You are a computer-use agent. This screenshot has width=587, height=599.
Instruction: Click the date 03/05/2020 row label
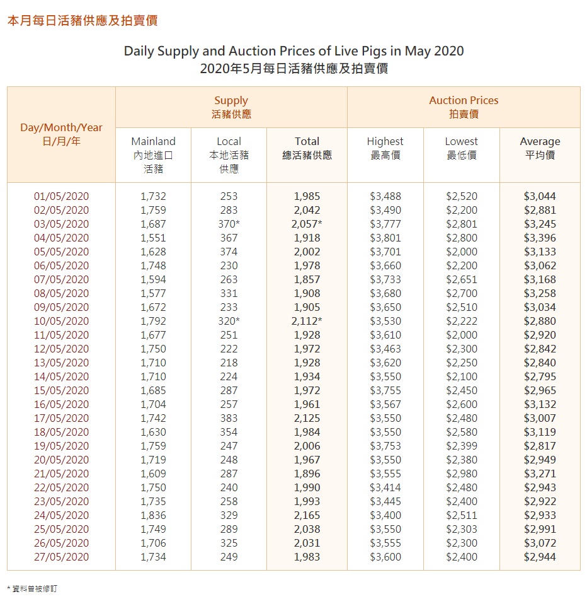[61, 224]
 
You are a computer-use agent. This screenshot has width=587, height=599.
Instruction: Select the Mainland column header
[153, 142]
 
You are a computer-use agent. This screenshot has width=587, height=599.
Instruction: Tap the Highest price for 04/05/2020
[385, 238]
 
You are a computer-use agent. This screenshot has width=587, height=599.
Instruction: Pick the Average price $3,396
[540, 238]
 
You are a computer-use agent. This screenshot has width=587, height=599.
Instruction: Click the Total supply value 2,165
[307, 515]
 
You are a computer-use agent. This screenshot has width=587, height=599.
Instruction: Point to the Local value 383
[229, 418]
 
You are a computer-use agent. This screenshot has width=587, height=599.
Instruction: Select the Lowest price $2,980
[462, 474]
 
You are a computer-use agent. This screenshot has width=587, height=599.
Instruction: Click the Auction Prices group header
[464, 107]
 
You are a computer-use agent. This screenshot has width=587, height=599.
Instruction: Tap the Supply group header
[231, 107]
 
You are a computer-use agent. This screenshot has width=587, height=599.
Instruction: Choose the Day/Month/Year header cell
[61, 134]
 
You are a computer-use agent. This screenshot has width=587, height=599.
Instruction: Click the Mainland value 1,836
[153, 515]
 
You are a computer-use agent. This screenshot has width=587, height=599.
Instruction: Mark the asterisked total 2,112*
[308, 321]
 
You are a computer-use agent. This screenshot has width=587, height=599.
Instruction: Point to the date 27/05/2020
[61, 557]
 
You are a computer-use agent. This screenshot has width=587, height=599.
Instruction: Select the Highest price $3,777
[385, 224]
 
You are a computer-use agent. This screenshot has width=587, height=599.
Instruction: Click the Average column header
[540, 142]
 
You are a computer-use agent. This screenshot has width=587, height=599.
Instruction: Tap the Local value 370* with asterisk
[230, 224]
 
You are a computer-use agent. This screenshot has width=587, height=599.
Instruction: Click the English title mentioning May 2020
[293, 51]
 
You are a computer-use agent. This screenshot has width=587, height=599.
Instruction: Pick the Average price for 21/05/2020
[540, 474]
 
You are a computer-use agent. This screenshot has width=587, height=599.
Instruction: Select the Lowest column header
[462, 142]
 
